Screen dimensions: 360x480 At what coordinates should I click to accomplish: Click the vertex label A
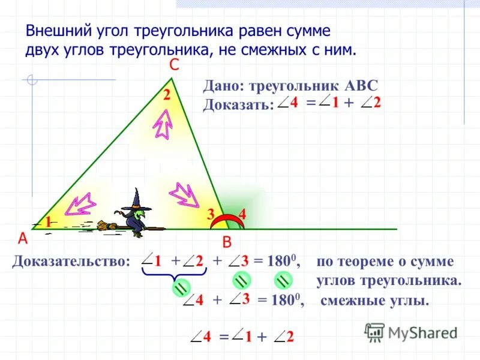tap(23, 238)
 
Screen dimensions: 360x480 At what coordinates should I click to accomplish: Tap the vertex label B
tap(227, 242)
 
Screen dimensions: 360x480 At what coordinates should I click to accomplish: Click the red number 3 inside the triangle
tap(211, 214)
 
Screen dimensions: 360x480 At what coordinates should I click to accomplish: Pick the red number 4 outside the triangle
tap(242, 214)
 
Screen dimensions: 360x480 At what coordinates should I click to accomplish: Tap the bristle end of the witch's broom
tap(107, 226)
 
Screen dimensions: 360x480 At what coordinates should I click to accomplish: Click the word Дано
tap(220, 86)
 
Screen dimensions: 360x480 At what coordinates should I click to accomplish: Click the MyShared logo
tap(412, 332)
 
